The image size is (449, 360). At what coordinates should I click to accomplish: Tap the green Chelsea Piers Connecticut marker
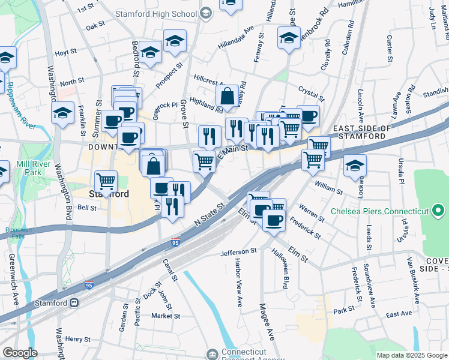point(438,211)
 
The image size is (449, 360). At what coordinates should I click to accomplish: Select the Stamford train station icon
point(75,303)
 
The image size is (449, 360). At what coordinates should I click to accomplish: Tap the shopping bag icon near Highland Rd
point(228,95)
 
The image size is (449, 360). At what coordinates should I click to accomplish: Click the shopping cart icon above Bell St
point(106,181)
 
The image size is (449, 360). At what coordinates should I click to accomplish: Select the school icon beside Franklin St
point(63,113)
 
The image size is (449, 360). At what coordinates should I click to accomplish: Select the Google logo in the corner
point(20,353)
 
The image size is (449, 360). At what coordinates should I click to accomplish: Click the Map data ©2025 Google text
point(412,355)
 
